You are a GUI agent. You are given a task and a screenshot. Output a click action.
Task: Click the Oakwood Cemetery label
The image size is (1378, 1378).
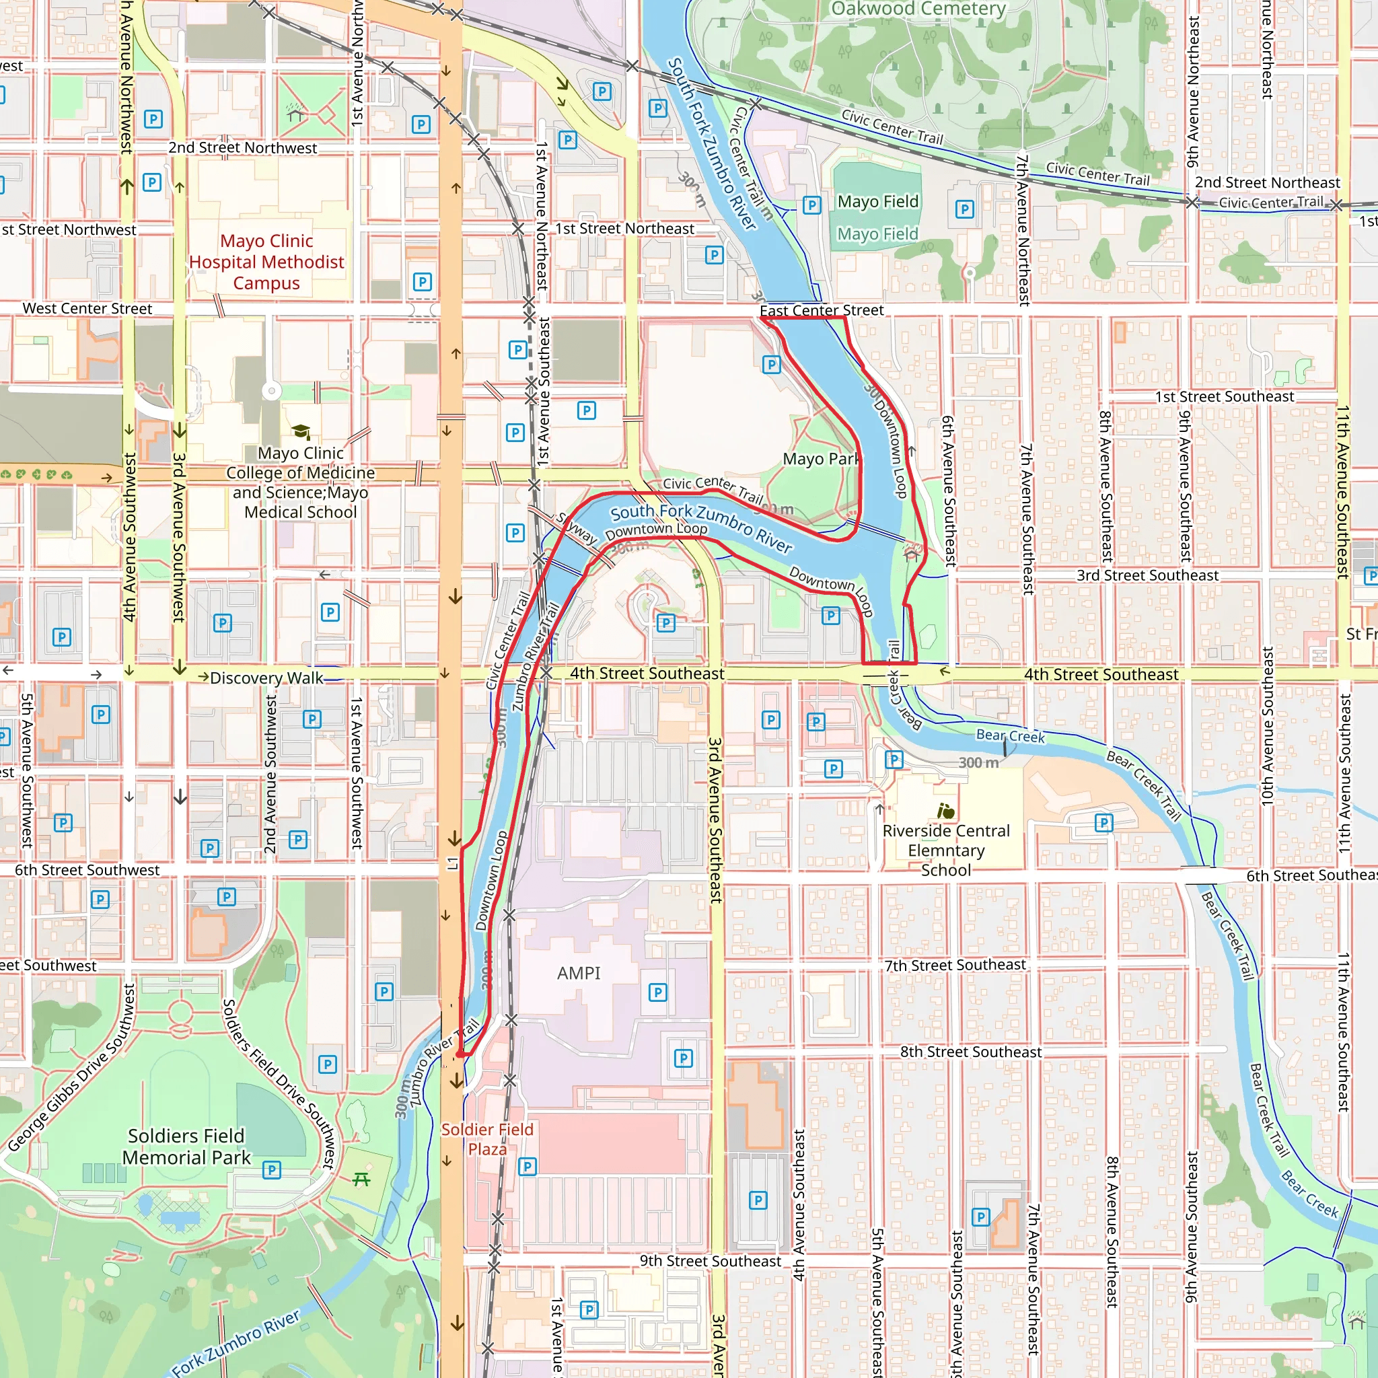[918, 9]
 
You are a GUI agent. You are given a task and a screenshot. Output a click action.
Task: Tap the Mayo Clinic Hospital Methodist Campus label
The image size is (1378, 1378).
[266, 262]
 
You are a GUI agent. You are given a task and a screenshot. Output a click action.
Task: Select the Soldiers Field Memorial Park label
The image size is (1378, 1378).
[186, 1146]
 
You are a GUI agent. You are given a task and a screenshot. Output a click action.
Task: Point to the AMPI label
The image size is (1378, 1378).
[579, 973]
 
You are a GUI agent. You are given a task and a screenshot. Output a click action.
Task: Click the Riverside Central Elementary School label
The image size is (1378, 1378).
[946, 850]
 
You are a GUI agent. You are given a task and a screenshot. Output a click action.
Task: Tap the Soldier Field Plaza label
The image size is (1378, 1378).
[487, 1139]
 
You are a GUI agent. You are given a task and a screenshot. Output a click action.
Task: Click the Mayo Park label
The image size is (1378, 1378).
[821, 459]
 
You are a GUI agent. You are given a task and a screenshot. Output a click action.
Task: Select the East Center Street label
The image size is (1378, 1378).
[821, 310]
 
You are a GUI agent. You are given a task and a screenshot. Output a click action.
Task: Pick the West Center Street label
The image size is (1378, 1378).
[87, 309]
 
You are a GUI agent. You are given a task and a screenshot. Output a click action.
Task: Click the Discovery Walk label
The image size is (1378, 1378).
[266, 678]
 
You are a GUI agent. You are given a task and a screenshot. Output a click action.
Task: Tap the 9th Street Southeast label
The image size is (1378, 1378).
[710, 1261]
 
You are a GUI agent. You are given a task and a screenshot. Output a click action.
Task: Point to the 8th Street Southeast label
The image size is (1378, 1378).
[970, 1052]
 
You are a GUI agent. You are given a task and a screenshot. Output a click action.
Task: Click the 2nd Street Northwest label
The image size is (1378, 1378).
[242, 147]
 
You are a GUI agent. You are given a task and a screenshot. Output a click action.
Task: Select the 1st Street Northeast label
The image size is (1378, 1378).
[624, 228]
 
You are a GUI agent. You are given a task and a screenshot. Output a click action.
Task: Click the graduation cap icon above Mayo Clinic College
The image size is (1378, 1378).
[301, 431]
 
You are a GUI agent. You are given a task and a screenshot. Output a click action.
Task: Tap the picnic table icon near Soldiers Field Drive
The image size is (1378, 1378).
[361, 1179]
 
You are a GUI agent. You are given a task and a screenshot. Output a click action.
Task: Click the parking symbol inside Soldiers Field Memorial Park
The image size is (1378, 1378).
[272, 1169]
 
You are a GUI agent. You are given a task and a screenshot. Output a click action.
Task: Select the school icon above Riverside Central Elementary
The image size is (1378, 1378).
[946, 811]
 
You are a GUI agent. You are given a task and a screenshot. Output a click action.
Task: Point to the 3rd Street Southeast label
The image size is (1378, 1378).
[1147, 575]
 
